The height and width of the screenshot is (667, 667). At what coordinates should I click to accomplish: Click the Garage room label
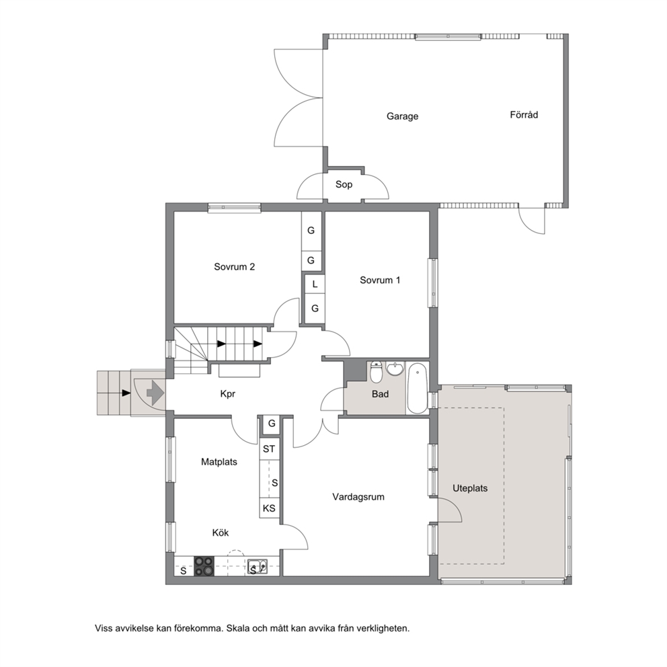point(402,116)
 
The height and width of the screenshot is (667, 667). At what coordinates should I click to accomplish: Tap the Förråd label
point(524,114)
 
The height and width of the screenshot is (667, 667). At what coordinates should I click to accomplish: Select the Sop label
point(344,185)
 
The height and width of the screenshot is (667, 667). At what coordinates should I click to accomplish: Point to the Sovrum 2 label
point(235,267)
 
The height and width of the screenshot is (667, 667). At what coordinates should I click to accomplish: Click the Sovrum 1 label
point(380,280)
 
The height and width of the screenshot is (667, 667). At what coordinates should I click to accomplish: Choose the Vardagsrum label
point(358,497)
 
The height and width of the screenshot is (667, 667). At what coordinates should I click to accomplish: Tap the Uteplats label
point(469,488)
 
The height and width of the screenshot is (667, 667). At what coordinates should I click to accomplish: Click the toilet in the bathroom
point(376,372)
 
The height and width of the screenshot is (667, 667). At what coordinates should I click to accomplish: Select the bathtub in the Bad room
point(418,388)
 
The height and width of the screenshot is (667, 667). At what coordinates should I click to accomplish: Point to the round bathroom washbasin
point(395,369)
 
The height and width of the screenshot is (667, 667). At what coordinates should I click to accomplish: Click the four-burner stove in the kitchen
point(204,566)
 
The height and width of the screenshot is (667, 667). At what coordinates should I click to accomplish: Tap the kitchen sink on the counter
point(258,566)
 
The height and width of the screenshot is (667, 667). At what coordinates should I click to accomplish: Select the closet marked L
point(315,284)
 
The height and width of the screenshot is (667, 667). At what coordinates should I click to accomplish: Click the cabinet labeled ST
point(269,448)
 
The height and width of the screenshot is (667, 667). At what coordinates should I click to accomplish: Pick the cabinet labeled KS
point(269,508)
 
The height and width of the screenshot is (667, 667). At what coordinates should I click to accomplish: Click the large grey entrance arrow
point(155,392)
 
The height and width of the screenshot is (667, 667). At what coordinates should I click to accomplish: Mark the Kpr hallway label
point(227,394)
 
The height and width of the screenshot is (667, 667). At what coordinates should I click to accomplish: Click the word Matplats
point(219,462)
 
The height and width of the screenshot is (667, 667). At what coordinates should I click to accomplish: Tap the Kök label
point(221,533)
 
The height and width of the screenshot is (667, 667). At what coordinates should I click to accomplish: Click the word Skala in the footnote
point(238,628)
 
